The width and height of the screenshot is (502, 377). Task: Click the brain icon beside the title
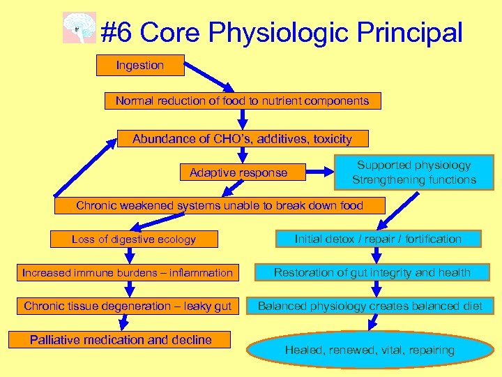click(79, 28)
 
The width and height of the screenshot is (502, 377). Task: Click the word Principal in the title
click(410, 32)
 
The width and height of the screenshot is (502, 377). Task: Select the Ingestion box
click(140, 66)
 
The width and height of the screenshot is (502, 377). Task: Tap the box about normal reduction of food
click(242, 101)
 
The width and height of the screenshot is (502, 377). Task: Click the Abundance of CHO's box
click(242, 139)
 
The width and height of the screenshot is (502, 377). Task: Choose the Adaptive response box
click(238, 172)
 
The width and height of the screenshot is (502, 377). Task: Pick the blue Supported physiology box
click(413, 172)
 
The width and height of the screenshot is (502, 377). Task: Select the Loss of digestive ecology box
click(134, 239)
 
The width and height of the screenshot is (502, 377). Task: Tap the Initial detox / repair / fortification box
click(378, 239)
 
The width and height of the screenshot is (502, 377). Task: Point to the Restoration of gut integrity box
click(372, 272)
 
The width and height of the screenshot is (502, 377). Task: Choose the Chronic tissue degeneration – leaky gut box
click(127, 306)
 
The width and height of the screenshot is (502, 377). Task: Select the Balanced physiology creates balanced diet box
click(370, 306)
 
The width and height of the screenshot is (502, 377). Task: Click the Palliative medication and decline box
click(121, 340)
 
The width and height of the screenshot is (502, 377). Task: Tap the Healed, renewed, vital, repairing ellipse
click(370, 350)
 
